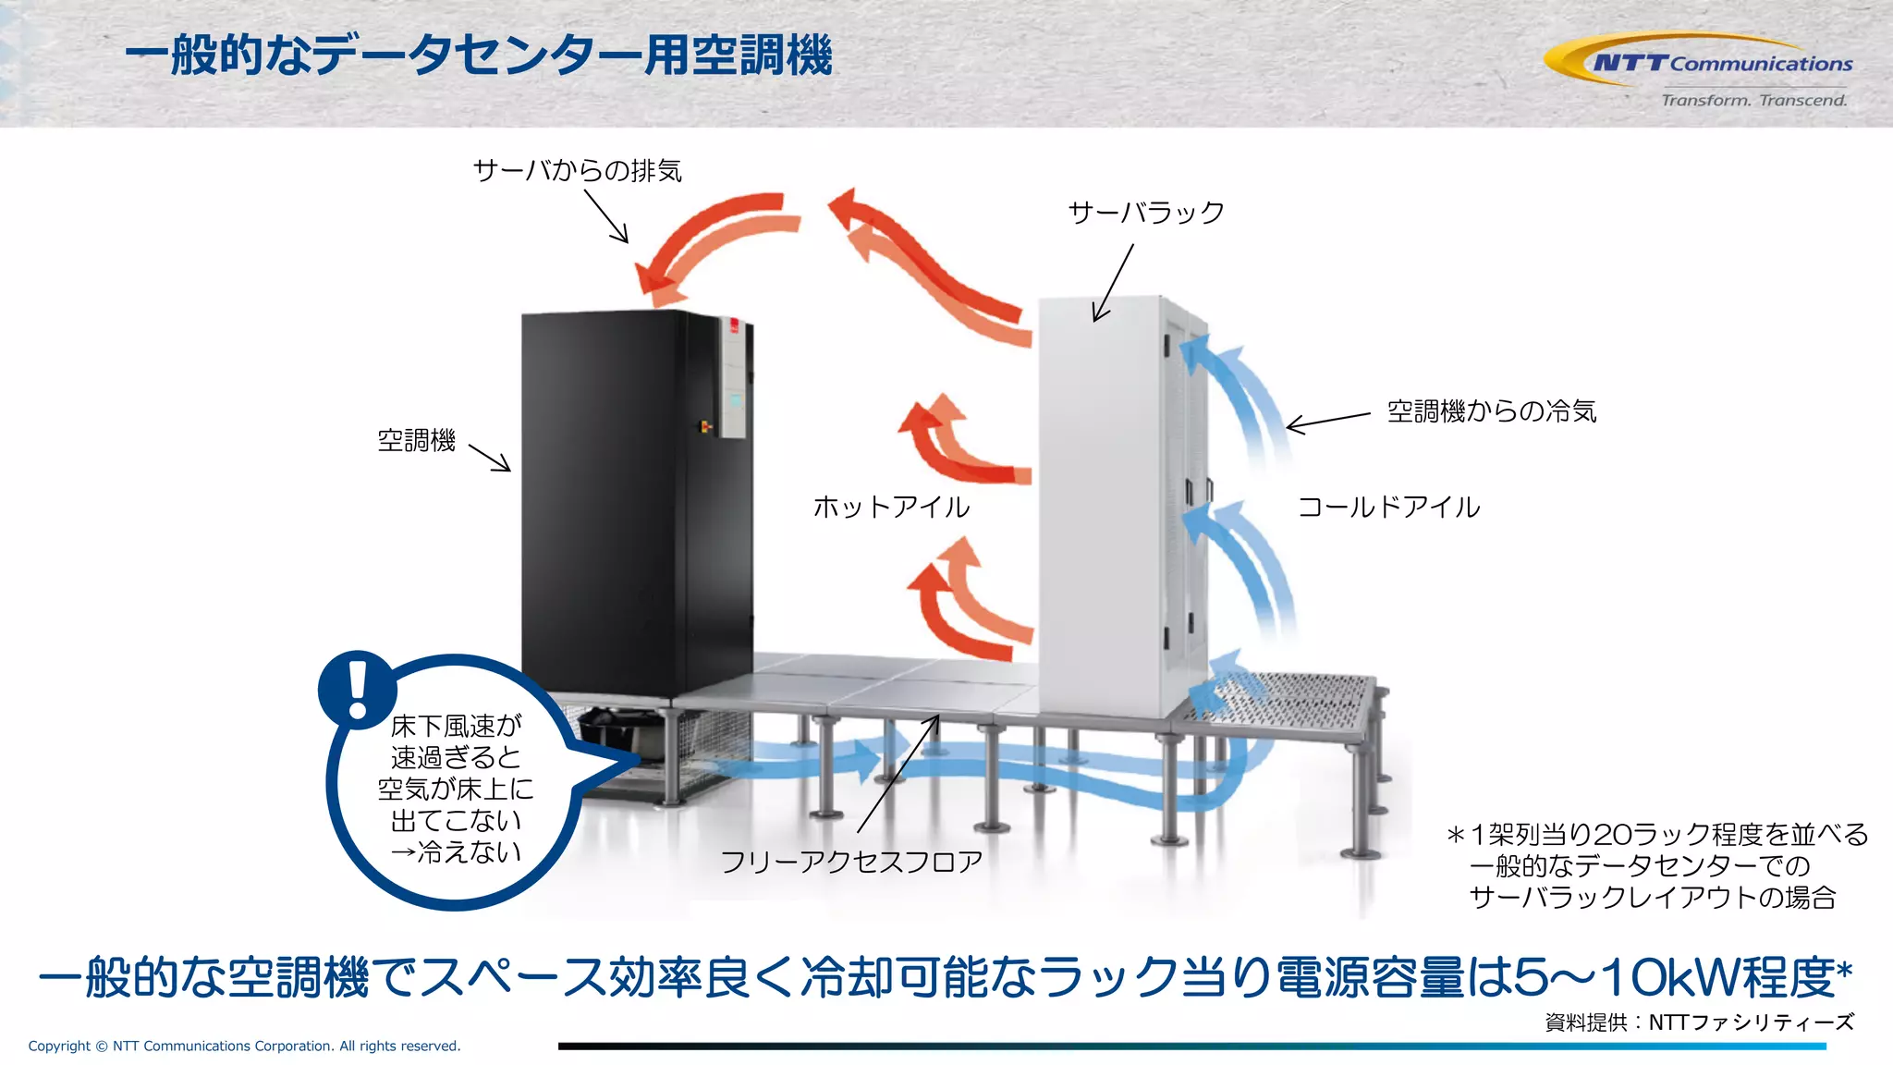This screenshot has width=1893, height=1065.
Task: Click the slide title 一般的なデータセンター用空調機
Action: pos(479,55)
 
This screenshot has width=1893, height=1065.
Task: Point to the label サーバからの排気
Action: pos(577,171)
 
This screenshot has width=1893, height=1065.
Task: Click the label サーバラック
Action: pos(1146,213)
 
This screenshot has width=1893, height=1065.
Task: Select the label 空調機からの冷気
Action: pos(1491,411)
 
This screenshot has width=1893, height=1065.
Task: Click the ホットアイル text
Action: pos(891,507)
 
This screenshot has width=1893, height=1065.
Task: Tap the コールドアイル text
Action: pos(1388,507)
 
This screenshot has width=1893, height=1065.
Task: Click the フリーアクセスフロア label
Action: pos(850,862)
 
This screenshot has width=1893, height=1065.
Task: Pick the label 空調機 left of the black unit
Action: pos(416,441)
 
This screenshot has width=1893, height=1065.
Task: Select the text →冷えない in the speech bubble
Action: pos(456,851)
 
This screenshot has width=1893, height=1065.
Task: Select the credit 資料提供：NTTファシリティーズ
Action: pos(1699,1022)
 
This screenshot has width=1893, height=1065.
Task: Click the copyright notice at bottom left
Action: pos(244,1046)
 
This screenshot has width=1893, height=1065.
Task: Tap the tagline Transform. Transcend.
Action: pos(1753,100)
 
